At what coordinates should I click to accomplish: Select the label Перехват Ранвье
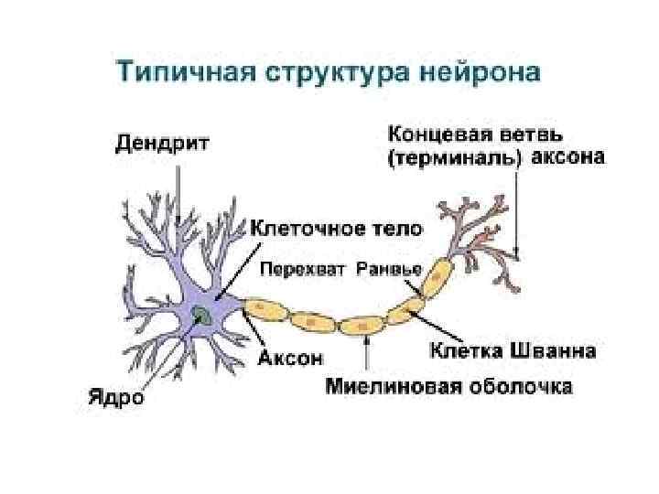coord(341,269)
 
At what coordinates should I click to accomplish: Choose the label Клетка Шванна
coord(513,350)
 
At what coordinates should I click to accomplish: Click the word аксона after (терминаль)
coord(568,158)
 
